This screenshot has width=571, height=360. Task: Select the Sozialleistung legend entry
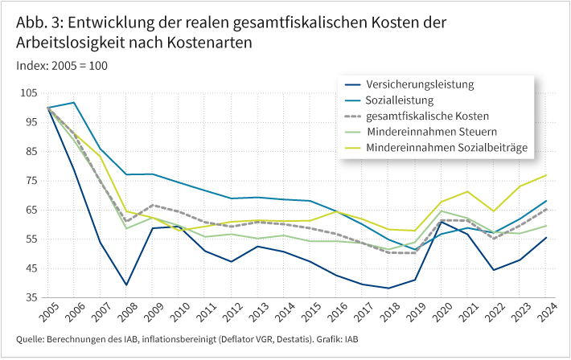400,100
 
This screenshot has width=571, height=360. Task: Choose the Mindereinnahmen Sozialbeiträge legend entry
445,148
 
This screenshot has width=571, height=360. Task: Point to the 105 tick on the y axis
30,93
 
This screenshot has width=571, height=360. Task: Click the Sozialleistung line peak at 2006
74,103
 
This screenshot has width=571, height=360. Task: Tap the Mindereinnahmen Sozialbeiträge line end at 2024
546,175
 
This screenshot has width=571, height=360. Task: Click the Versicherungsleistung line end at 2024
546,237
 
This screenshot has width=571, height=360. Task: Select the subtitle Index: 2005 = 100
62,65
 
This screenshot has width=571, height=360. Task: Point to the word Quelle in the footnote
30,339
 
